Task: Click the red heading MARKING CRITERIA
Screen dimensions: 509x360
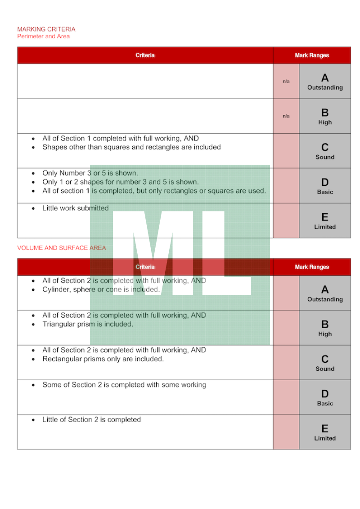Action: pos(46,29)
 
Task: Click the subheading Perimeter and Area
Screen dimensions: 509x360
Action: pos(44,36)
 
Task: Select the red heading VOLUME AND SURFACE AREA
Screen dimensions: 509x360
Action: pos(62,248)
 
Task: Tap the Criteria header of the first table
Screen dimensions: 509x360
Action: pos(145,55)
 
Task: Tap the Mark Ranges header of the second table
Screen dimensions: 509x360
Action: pos(312,267)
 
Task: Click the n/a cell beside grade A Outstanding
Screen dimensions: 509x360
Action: pos(286,81)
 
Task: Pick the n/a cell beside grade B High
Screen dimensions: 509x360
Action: pos(286,116)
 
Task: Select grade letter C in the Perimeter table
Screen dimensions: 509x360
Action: pos(325,148)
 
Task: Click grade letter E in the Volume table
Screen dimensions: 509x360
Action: pos(325,428)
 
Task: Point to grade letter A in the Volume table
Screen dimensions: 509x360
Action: pos(325,289)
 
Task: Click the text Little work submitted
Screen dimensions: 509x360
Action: pos(76,208)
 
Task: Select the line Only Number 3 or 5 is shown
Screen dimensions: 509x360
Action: pos(90,173)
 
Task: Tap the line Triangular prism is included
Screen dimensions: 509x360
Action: pos(88,324)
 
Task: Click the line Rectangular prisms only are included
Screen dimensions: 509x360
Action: pos(103,359)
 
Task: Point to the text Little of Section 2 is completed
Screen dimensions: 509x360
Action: pos(91,420)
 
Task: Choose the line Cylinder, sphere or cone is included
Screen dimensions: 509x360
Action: pos(101,289)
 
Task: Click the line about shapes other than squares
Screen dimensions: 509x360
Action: pos(131,147)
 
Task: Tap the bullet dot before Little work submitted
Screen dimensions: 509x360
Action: pos(33,209)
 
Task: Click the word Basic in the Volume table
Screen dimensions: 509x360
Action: pos(325,404)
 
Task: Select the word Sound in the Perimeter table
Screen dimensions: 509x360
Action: pos(325,157)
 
